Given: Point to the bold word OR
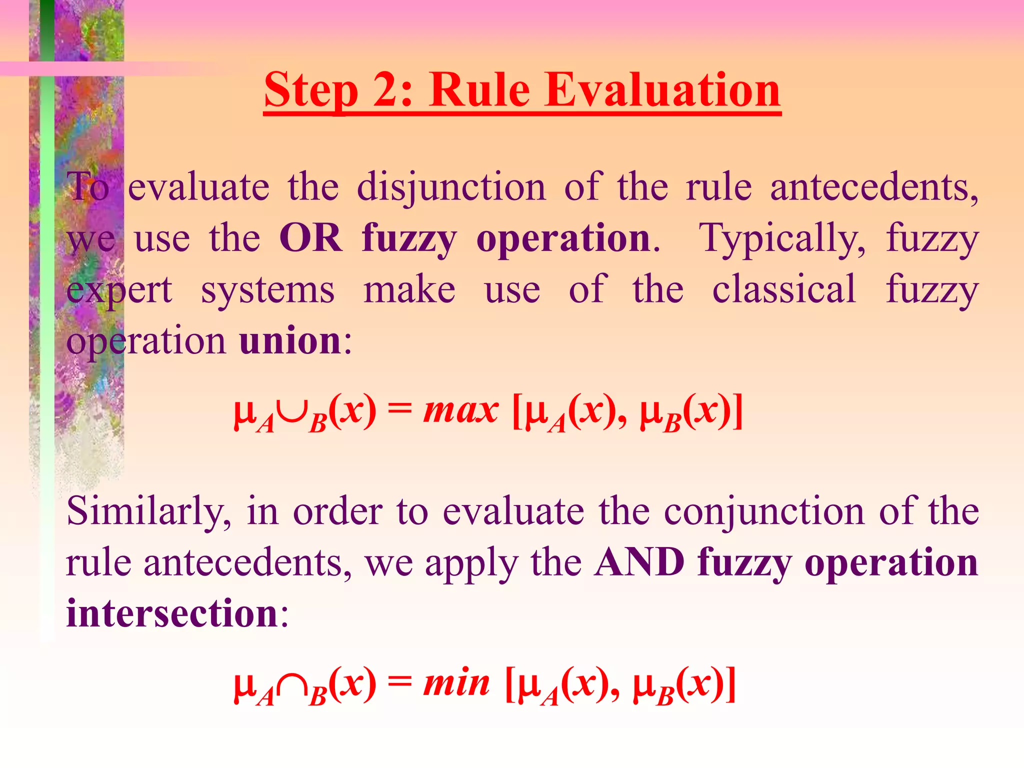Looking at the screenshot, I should coord(311,238).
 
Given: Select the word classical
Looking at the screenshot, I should coord(784,289).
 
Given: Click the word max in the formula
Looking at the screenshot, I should coord(460,411).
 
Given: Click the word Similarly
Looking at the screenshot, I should coord(148,512).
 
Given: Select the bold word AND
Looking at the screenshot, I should coord(640,562).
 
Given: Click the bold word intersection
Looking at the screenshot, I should coord(172,613).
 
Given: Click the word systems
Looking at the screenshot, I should coord(267,290).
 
